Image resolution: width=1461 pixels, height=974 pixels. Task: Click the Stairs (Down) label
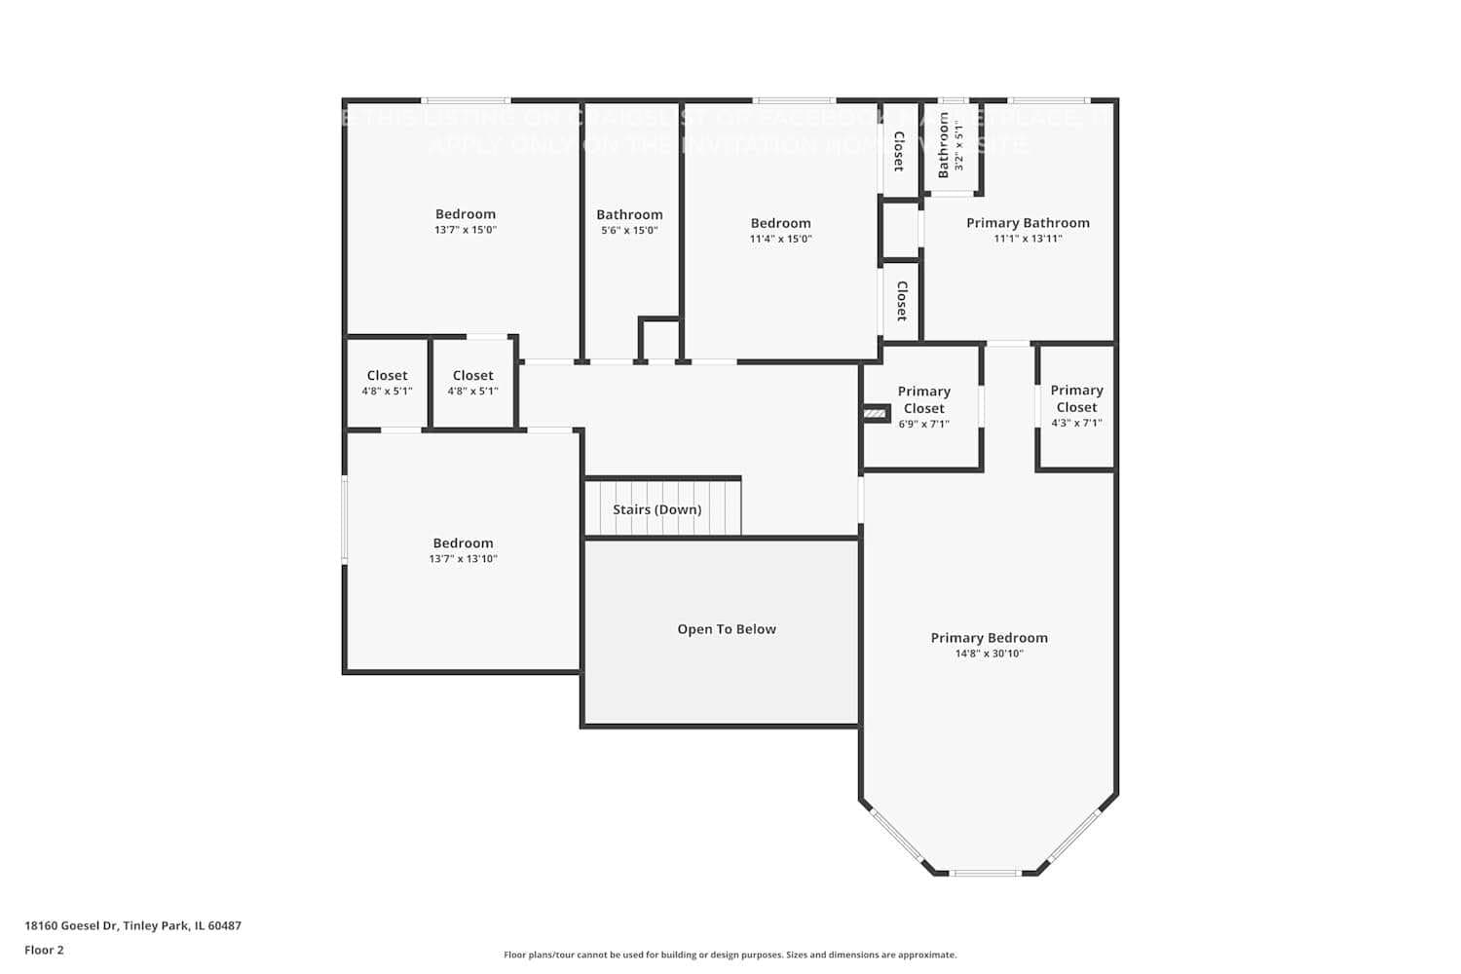click(x=656, y=509)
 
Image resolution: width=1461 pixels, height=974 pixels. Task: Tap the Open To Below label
click(x=727, y=629)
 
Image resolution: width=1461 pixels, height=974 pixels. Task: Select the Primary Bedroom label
click(x=989, y=638)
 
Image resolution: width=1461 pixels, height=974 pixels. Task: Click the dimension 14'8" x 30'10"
click(x=989, y=655)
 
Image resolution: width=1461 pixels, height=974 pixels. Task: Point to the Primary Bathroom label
click(x=1028, y=223)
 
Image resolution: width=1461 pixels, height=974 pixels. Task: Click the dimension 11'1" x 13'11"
click(x=1028, y=239)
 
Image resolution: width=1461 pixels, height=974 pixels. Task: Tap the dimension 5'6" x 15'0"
click(x=629, y=231)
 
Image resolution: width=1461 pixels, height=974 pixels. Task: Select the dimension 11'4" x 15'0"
click(x=780, y=239)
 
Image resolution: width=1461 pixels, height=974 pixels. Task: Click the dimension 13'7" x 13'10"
click(x=463, y=559)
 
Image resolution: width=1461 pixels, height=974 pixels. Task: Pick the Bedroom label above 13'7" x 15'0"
click(x=465, y=214)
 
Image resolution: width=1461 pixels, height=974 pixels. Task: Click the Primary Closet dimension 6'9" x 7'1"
click(x=923, y=425)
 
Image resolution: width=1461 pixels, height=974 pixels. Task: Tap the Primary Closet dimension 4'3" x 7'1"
click(x=1076, y=424)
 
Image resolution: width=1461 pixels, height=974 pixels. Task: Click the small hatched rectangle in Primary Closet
click(x=876, y=414)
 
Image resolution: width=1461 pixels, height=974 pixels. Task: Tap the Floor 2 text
click(x=44, y=951)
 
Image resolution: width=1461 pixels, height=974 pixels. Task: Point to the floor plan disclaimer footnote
click(x=730, y=955)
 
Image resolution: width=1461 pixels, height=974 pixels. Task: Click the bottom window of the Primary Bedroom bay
click(x=985, y=873)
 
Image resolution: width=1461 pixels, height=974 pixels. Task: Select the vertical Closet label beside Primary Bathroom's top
click(x=899, y=151)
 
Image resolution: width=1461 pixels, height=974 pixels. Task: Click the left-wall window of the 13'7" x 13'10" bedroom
click(x=344, y=519)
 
